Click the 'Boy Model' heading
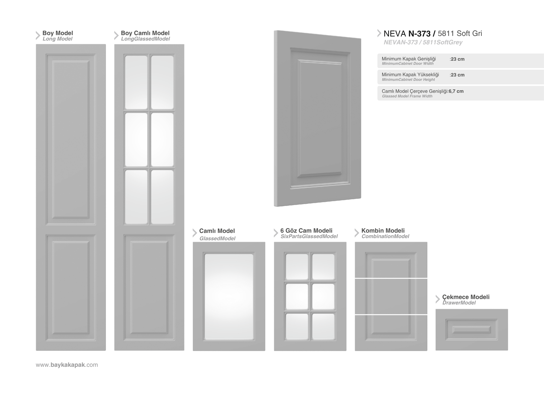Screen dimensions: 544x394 (58, 33)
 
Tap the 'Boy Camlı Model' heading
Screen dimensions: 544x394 (145, 33)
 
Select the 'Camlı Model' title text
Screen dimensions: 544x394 (217, 231)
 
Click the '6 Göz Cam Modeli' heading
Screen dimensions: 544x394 (306, 230)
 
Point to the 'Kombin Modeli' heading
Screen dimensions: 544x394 (383, 230)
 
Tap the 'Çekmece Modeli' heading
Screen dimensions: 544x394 (466, 297)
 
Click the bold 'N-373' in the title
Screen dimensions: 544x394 (419, 33)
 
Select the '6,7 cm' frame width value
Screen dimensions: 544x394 (456, 91)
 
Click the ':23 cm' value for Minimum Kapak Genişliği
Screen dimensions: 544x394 (457, 59)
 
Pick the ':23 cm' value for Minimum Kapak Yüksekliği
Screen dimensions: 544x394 (457, 75)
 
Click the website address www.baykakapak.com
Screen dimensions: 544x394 (67, 365)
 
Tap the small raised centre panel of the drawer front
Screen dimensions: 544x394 (471, 330)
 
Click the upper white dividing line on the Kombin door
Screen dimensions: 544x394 (391, 278)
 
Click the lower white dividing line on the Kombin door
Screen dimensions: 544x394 (391, 315)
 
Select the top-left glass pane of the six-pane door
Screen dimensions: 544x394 (297, 267)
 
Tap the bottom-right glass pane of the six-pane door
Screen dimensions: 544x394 (323, 327)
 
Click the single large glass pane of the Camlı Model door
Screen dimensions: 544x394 (229, 297)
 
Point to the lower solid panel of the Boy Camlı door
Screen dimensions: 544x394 (149, 287)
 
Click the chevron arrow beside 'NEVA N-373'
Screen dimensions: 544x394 (379, 33)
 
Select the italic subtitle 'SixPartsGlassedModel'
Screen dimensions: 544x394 (309, 236)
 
